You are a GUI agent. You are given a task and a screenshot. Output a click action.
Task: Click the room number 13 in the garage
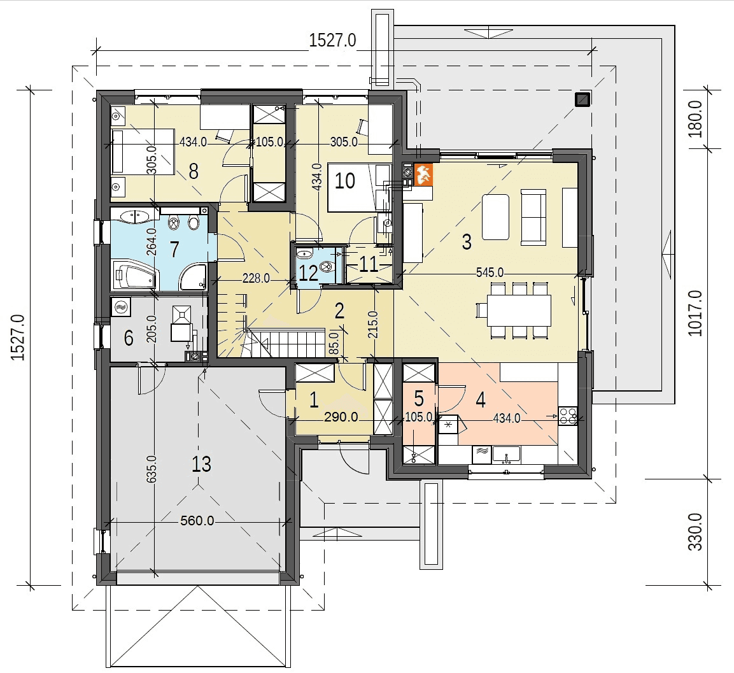[201, 464]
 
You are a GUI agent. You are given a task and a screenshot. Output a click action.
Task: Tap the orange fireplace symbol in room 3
[423, 174]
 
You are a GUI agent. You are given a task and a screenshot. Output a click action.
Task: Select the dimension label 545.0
[490, 272]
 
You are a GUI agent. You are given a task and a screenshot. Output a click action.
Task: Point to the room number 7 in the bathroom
[174, 249]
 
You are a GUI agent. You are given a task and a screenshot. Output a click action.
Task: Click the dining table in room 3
[519, 310]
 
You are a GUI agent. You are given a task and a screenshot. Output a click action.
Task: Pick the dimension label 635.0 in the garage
[152, 469]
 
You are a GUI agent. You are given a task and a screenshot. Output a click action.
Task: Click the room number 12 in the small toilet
[308, 273]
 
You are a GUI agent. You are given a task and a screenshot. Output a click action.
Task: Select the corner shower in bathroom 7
[192, 277]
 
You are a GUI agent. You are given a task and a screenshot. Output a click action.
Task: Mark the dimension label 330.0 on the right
[695, 532]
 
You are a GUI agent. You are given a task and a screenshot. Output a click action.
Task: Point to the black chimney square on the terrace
[582, 99]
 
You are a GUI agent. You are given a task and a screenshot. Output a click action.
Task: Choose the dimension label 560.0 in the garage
[197, 520]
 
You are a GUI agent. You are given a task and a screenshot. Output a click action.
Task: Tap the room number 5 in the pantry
[419, 399]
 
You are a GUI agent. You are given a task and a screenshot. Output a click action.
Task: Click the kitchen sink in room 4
[506, 454]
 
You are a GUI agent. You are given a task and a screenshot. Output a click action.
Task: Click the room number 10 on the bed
[344, 181]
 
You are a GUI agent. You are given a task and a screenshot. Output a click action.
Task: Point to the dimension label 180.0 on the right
[695, 119]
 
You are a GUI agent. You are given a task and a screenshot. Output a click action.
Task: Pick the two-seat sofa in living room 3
[533, 217]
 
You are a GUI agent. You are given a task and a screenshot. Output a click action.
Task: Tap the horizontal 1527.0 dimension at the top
[332, 40]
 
